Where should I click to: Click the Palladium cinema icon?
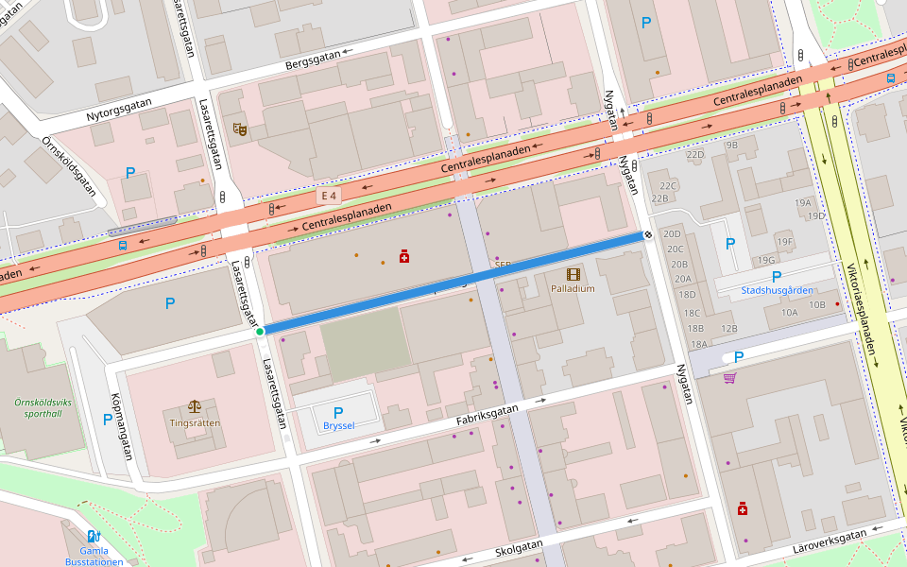click(573, 273)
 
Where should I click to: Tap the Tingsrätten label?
click(195, 422)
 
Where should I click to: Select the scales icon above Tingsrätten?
click(195, 406)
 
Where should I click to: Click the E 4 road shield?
click(329, 195)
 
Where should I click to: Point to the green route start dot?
click(260, 332)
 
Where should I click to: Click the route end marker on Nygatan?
click(648, 234)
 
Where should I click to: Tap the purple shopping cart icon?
click(729, 378)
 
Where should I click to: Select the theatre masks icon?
click(239, 129)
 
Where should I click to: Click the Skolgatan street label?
click(519, 549)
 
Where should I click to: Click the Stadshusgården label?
click(777, 290)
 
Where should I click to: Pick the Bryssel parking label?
click(338, 425)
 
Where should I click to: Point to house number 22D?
click(695, 154)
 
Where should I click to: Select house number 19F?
click(784, 241)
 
